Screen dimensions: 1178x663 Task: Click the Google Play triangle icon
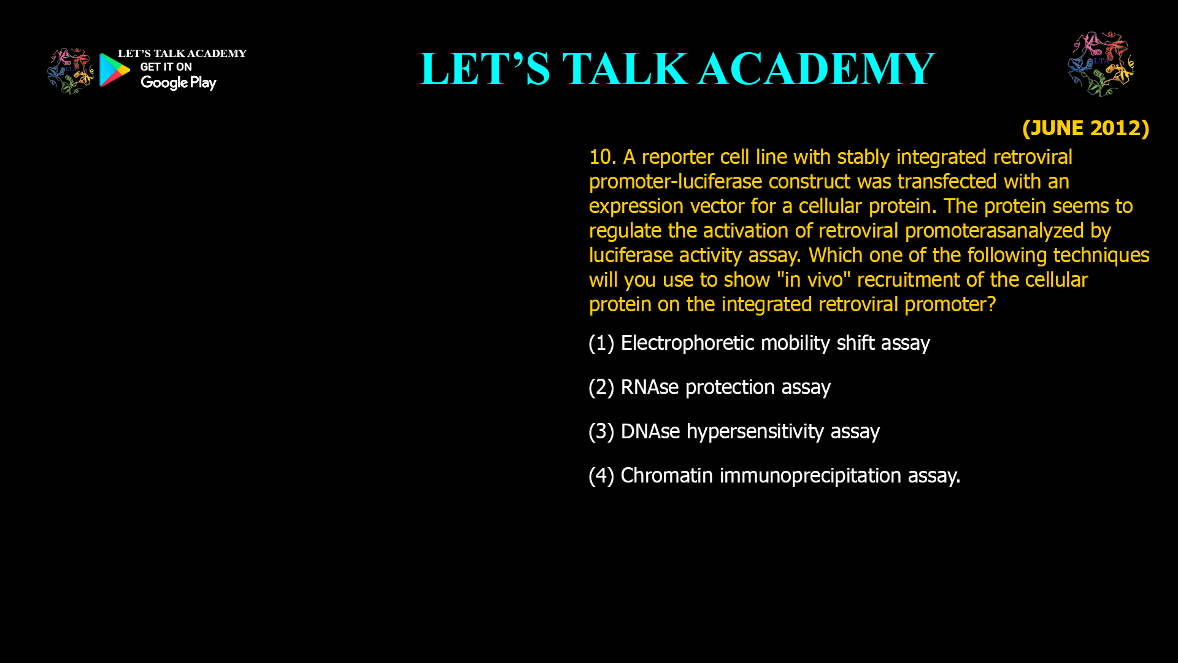tap(114, 69)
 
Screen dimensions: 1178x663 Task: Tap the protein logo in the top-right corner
tap(1101, 64)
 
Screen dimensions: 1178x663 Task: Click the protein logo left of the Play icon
tap(70, 71)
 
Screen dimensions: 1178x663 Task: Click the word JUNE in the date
tap(1057, 128)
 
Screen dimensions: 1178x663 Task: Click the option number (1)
tap(601, 343)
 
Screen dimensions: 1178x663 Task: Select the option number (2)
tap(601, 387)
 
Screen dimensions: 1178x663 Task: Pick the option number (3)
tap(601, 432)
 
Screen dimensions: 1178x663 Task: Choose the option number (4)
tap(601, 476)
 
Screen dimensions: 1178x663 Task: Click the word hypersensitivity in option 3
tap(755, 432)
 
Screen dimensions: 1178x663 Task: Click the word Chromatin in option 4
tap(667, 476)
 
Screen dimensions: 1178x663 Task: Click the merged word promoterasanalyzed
tap(995, 231)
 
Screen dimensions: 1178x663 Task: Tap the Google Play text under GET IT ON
tap(179, 83)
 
